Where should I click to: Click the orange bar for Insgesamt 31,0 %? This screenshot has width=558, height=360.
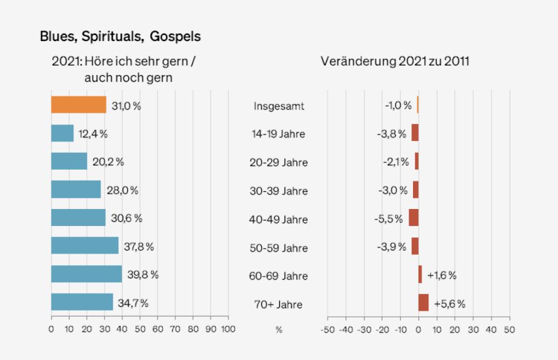coord(78,105)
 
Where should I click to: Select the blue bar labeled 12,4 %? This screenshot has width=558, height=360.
coord(62,133)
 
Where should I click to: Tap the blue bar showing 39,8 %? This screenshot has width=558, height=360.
coord(86,274)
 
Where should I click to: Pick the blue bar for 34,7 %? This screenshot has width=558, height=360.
coord(82,302)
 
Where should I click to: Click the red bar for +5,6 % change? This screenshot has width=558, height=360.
coord(423,303)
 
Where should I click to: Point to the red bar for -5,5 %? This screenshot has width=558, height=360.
coord(414,218)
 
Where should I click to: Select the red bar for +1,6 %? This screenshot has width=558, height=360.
coord(420,274)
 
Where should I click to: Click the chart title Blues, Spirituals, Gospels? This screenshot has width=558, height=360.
coord(120,37)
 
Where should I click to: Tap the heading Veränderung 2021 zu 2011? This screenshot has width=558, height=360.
coord(395,61)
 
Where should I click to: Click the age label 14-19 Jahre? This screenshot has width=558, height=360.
coord(278,134)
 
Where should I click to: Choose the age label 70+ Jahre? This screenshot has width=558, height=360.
coord(278,304)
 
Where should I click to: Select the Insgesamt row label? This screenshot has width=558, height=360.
coord(278,106)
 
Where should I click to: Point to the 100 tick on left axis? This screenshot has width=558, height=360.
coord(228,329)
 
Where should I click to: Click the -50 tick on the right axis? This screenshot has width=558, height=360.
coord(327,329)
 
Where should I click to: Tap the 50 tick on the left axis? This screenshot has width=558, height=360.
coord(139,329)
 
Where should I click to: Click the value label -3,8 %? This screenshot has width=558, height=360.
coord(392,133)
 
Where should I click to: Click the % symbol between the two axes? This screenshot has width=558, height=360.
coord(278,330)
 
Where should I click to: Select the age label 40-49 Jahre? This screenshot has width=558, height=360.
coord(278,219)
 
